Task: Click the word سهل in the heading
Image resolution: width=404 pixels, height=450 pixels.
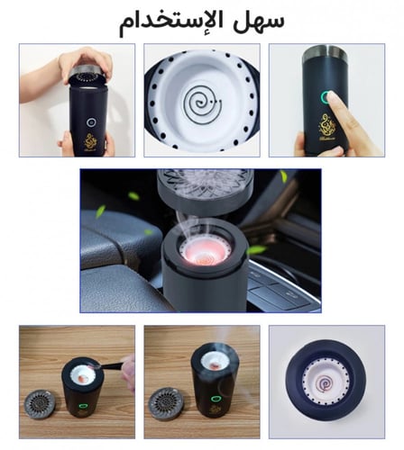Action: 260,21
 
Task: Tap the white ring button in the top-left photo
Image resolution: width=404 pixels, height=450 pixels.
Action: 91,122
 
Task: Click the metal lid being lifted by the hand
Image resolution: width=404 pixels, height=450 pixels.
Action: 87,74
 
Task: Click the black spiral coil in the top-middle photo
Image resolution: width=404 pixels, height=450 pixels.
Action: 202,103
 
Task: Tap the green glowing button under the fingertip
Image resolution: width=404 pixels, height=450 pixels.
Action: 326,97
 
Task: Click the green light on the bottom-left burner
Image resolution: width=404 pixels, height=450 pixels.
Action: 83,406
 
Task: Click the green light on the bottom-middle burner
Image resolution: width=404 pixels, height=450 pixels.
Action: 215,399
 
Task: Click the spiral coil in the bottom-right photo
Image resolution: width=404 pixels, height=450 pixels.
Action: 326,383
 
